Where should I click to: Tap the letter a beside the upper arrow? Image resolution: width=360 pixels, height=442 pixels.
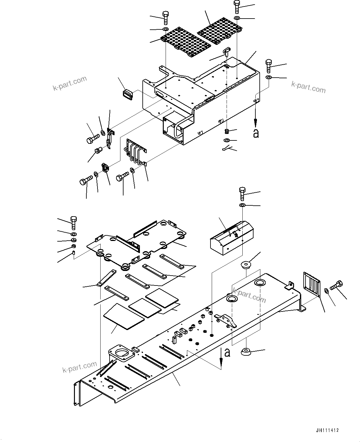(256, 133)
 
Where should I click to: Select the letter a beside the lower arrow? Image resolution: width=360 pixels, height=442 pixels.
(227, 353)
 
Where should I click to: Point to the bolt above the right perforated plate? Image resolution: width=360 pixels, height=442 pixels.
(237, 6)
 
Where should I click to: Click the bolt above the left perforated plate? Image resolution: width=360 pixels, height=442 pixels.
(165, 17)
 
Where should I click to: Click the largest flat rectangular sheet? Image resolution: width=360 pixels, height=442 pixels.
(124, 316)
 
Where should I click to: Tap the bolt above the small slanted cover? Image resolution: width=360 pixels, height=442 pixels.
(242, 194)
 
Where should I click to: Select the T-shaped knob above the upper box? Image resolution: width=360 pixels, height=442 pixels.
(227, 51)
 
